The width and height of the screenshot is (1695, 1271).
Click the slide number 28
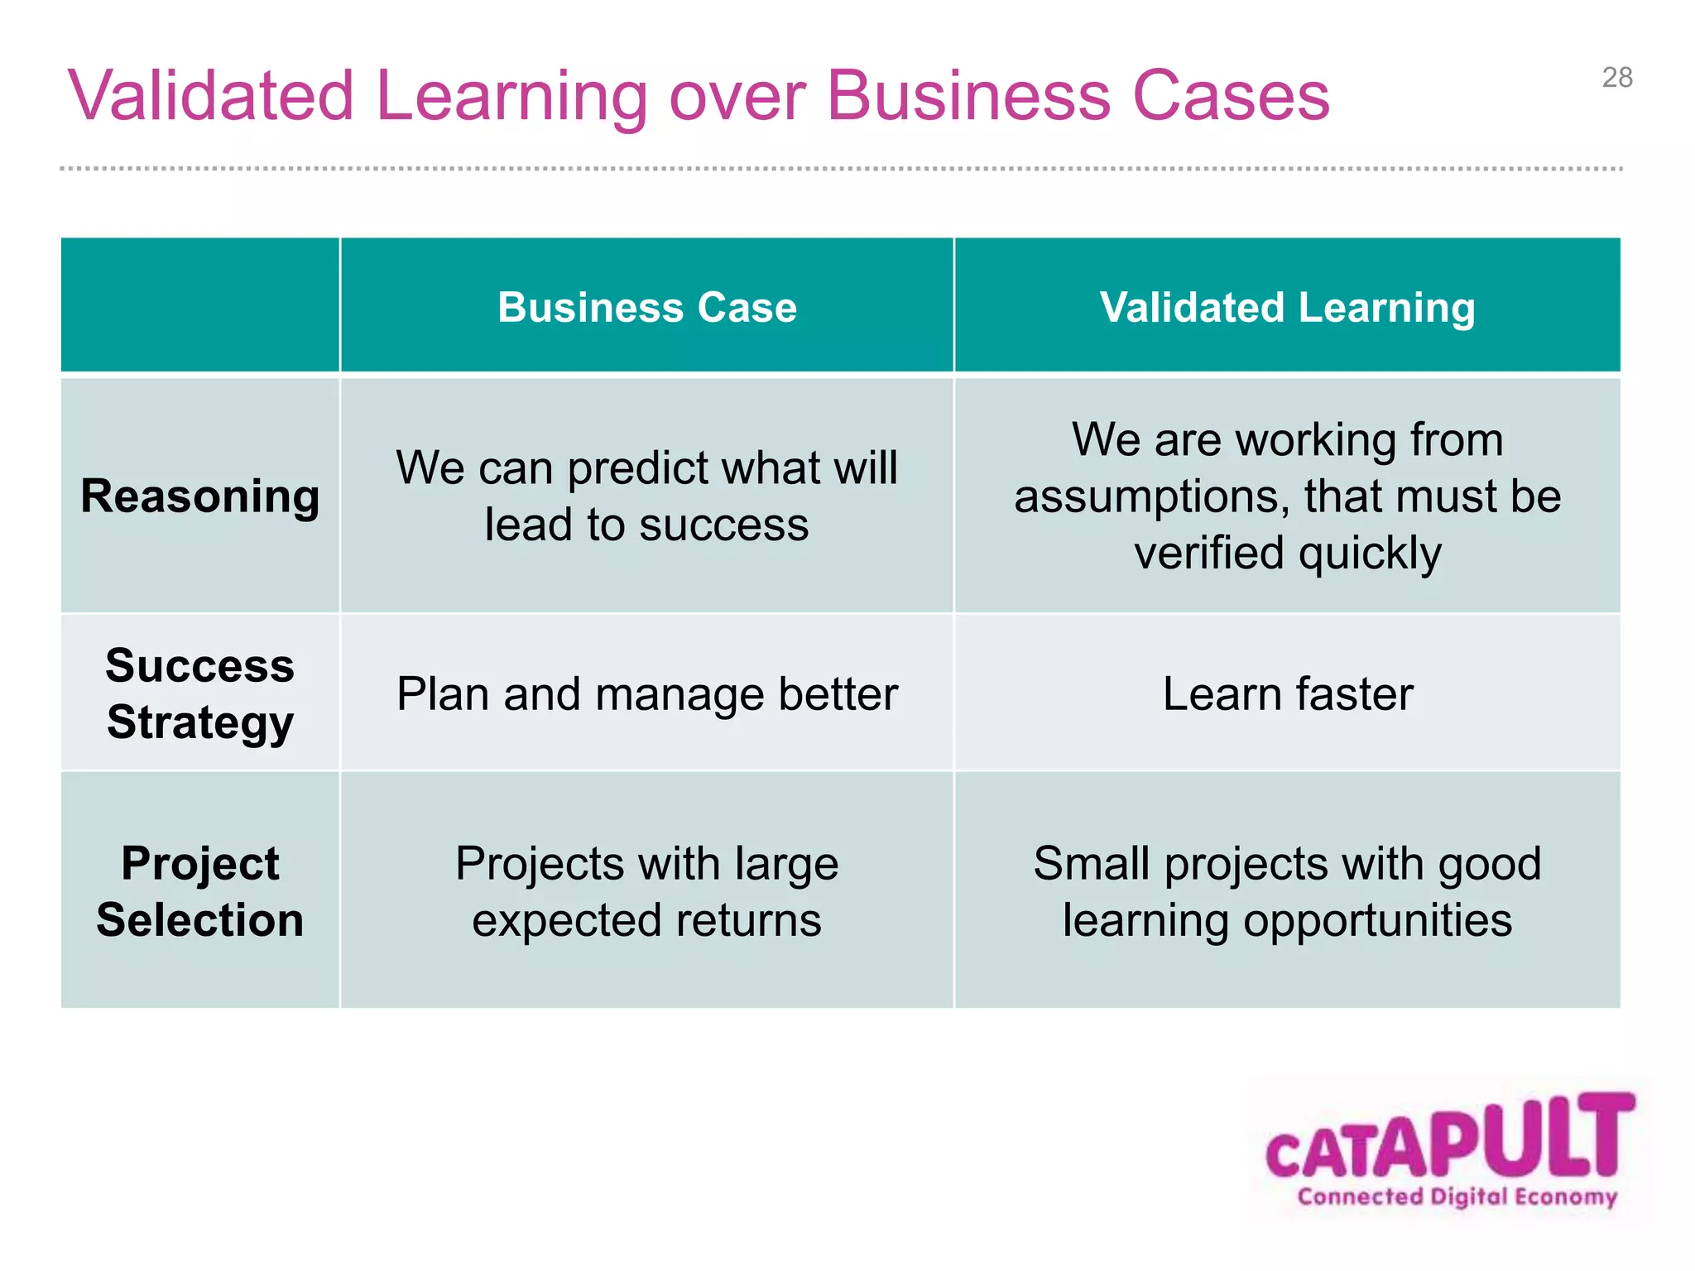(x=1616, y=78)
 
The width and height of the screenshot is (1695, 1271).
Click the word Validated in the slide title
(x=211, y=97)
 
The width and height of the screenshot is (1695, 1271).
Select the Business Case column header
(x=647, y=308)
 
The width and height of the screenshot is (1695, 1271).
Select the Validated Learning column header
(x=1287, y=308)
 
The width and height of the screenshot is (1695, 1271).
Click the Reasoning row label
(x=200, y=496)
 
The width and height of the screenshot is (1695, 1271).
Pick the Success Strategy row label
(x=200, y=693)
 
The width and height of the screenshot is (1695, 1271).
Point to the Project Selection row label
(x=200, y=891)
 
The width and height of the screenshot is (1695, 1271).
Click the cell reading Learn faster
(x=1287, y=693)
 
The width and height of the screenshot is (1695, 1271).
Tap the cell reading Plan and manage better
(x=647, y=693)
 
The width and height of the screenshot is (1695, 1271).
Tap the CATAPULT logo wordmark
(x=1450, y=1138)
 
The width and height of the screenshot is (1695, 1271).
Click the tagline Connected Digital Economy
(x=1457, y=1197)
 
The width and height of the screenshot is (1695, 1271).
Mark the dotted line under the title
(x=841, y=168)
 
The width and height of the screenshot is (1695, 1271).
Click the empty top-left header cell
(x=200, y=305)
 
